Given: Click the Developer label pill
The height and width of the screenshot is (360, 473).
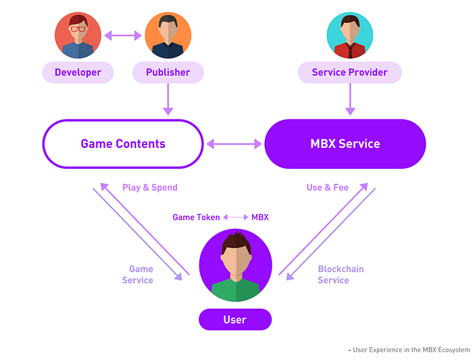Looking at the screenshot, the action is (x=78, y=72).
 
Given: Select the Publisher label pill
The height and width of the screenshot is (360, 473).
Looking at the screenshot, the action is (x=168, y=72).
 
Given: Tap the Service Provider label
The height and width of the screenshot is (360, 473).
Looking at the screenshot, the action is (x=349, y=72).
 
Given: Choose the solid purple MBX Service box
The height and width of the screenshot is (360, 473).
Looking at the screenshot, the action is (x=345, y=144).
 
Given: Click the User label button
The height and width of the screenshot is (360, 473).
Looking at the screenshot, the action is (x=235, y=319).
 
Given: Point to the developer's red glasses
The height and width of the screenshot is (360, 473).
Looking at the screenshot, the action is (x=78, y=29).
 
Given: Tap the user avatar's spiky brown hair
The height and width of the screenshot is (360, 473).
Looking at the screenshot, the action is (x=236, y=242).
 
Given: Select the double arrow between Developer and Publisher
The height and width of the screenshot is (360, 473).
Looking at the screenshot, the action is (x=123, y=36).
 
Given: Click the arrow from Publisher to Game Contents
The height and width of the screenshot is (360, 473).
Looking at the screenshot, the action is (x=168, y=99).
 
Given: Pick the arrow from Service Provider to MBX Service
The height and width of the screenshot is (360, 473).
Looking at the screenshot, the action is (x=350, y=99).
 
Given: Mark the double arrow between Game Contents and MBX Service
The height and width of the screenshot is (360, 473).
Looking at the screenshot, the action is (x=234, y=144).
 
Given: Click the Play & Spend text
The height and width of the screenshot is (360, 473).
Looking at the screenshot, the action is (x=150, y=188).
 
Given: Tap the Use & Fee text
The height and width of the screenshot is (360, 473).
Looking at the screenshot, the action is (x=328, y=188).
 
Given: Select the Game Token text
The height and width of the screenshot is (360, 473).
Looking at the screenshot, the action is (x=196, y=217).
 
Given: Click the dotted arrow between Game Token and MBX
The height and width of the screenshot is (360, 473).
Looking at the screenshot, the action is (x=236, y=217).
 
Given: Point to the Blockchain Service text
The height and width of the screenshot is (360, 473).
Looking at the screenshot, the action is (x=341, y=274).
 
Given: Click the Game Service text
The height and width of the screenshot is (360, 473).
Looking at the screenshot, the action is (x=138, y=274).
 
